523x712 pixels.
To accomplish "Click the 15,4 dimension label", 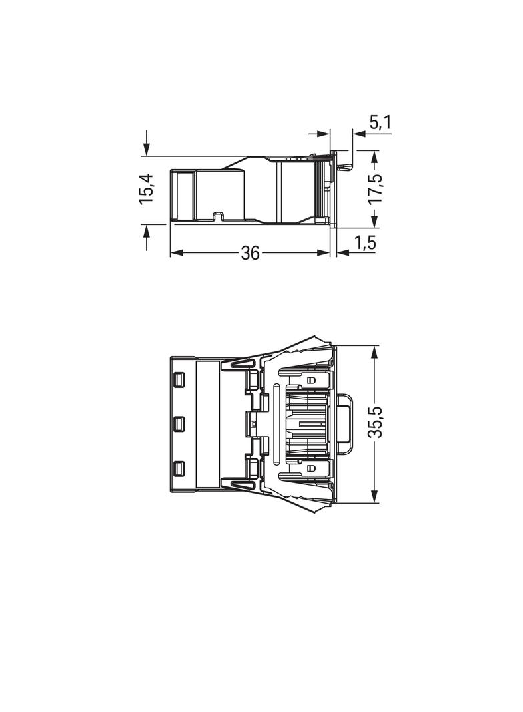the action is [x=148, y=188].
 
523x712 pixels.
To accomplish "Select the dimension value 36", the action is [x=250, y=253].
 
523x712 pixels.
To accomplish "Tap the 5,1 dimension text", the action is [x=380, y=123].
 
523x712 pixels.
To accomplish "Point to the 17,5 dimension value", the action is [x=375, y=189].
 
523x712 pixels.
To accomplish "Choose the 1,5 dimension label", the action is [x=366, y=243].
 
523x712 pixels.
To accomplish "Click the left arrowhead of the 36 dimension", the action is [x=176, y=253].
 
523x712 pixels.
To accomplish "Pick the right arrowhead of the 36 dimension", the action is [x=323, y=253].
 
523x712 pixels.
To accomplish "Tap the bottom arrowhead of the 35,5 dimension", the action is [x=375, y=496].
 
